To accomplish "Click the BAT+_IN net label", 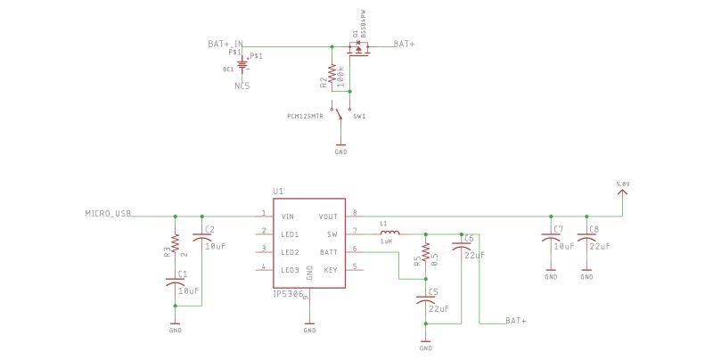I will coord(225,44).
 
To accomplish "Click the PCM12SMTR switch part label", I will coord(305,116).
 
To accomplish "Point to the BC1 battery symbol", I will coord(242,68).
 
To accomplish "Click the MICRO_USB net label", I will coord(108,214).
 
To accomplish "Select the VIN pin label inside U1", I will coord(287,216).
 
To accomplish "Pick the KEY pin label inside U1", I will coord(330,269).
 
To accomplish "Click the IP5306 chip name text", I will coord(289,293).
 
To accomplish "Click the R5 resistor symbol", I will coord(426,252).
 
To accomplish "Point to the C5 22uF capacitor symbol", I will coord(426,301).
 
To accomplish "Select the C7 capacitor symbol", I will coord(551,239).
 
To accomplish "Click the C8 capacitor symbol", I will coord(586,239).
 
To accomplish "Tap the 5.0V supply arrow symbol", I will coord(622,192).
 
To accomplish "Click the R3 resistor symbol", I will coord(175,243).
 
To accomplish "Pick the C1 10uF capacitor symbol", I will coord(175,283).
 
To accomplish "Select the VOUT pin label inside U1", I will coord(328,216).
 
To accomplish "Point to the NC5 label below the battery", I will coord(242,86).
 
